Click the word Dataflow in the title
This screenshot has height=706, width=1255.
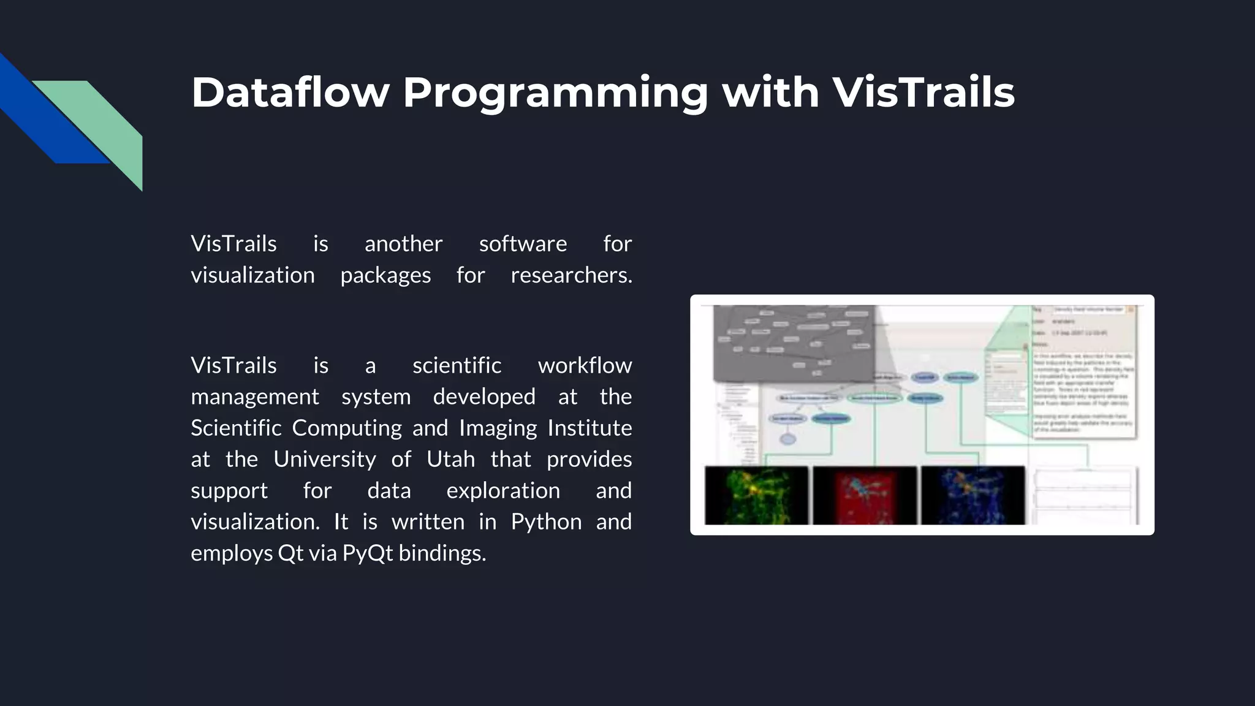(290, 93)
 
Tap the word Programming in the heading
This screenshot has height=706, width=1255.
(555, 94)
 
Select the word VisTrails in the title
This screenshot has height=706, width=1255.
(923, 93)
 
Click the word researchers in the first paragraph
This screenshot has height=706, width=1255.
(571, 275)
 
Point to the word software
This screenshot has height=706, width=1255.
(523, 244)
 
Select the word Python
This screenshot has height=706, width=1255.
(546, 522)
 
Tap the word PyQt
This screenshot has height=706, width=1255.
(367, 553)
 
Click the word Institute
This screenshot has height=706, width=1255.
(589, 428)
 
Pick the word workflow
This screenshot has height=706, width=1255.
(585, 365)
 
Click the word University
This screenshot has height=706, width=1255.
(324, 459)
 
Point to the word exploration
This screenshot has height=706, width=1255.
(502, 490)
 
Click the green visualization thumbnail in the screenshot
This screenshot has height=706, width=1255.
(756, 495)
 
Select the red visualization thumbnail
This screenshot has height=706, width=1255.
(865, 495)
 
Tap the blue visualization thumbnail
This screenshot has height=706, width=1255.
(973, 495)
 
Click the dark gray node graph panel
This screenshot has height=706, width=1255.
(794, 343)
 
